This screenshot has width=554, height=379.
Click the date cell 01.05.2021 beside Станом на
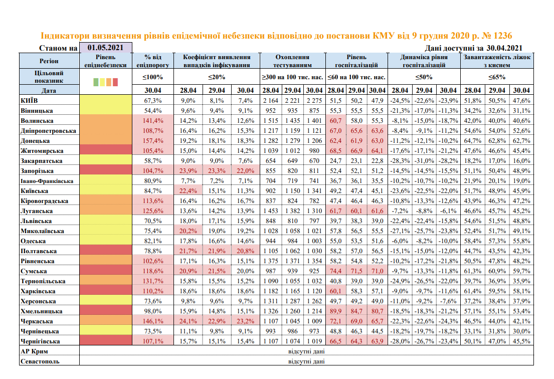pyautogui.click(x=105, y=48)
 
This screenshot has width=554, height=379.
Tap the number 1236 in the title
pyautogui.click(x=501, y=36)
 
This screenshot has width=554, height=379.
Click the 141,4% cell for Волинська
pyautogui.click(x=152, y=120)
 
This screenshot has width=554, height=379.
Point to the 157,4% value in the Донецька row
pyautogui.click(x=152, y=140)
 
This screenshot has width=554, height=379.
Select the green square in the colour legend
pyautogui.click(x=96, y=81)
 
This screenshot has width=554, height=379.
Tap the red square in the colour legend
pyautogui.click(x=115, y=81)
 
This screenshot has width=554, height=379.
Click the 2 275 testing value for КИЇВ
pyautogui.click(x=314, y=100)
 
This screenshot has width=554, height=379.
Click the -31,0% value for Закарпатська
pyautogui.click(x=424, y=160)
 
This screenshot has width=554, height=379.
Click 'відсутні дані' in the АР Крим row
pyautogui.click(x=306, y=351)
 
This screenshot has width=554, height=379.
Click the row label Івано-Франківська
pyautogui.click(x=48, y=180)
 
